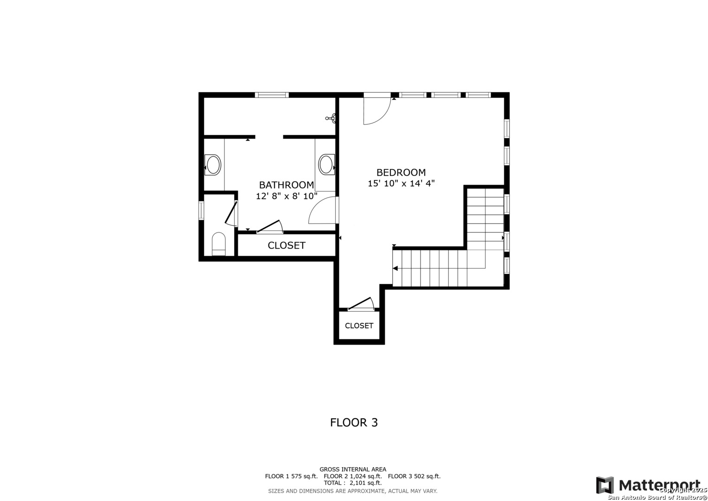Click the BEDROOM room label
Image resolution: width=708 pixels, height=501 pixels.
pyautogui.click(x=401, y=173)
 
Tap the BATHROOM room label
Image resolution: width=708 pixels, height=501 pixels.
pyautogui.click(x=287, y=185)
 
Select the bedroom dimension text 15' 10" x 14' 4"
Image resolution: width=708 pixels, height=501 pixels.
pyautogui.click(x=401, y=183)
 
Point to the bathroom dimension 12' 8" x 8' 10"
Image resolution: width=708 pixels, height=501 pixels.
pyautogui.click(x=287, y=196)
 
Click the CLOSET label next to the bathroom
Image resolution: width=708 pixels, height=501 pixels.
pyautogui.click(x=287, y=245)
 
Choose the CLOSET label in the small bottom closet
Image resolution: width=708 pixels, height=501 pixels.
pyautogui.click(x=359, y=326)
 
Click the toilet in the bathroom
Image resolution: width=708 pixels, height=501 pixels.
pyautogui.click(x=218, y=244)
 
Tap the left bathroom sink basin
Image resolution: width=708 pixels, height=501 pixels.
pyautogui.click(x=213, y=165)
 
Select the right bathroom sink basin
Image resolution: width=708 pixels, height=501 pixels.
pyautogui.click(x=326, y=165)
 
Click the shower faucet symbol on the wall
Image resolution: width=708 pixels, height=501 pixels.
pyautogui.click(x=331, y=118)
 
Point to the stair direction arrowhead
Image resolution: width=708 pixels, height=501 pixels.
pyautogui.click(x=395, y=268)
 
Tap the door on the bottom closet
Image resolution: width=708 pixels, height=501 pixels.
pyautogui.click(x=361, y=304)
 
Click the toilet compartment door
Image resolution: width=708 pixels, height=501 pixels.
pyautogui.click(x=231, y=213)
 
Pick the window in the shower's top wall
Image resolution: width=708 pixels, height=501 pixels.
pyautogui.click(x=272, y=95)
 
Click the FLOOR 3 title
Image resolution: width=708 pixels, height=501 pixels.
pyautogui.click(x=354, y=423)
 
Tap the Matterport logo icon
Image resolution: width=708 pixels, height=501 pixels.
pyautogui.click(x=605, y=485)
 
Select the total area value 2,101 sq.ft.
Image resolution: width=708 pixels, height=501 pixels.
pyautogui.click(x=365, y=483)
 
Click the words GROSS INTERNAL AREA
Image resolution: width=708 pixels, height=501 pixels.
pyautogui.click(x=353, y=469)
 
